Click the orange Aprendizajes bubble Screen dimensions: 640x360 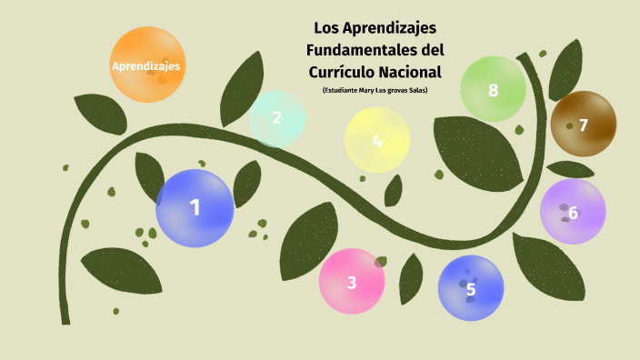point(146,65)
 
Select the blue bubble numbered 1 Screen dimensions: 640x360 point(195,208)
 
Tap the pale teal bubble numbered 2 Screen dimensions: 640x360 point(276,118)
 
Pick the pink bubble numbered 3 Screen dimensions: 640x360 point(352,281)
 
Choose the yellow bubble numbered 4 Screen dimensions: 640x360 point(377,140)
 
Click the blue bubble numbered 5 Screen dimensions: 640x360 point(471,288)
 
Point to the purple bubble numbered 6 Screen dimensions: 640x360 point(573,212)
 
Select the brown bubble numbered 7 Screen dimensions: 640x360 point(584,125)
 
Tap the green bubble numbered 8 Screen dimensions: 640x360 point(494,89)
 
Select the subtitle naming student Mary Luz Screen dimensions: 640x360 point(374,90)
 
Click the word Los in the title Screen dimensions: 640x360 point(325,27)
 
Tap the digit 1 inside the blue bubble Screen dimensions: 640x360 point(195,208)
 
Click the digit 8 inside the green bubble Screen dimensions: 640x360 point(494,90)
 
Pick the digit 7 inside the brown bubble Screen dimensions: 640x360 point(584,125)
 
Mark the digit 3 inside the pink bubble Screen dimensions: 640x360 point(352,282)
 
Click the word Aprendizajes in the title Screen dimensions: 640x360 point(390,27)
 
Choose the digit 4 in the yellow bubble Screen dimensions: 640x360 point(377,141)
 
